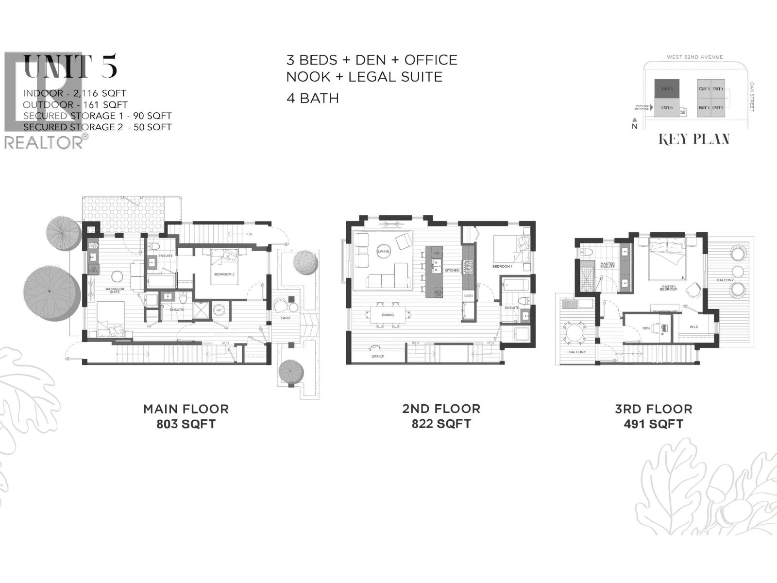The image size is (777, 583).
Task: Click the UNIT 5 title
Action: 70,67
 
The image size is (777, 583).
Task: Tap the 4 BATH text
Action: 312,98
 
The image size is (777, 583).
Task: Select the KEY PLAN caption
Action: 694,139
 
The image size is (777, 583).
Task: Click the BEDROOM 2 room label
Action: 224,274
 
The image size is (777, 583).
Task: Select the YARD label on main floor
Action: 285,318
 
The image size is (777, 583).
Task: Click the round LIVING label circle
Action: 384,251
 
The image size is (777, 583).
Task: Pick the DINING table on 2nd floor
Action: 388,315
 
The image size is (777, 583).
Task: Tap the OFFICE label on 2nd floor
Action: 377,356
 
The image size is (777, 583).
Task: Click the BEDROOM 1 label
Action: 502,266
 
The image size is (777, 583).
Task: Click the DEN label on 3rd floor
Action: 646,328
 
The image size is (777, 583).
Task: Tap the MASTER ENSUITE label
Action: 608,265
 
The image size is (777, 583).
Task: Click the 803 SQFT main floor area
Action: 186,424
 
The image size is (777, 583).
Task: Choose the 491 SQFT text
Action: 653,424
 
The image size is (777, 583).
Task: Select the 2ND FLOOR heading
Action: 441,409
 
